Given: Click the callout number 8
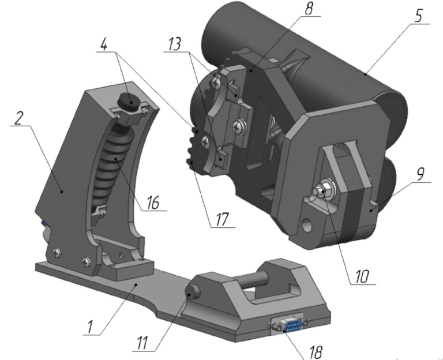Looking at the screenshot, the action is click(309, 8).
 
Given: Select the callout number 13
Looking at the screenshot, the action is click(175, 44).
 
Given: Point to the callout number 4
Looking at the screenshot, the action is click(104, 44).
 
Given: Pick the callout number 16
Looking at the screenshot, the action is click(153, 202).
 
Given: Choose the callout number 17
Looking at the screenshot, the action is click(221, 219).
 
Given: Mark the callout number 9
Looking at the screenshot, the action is click(420, 174).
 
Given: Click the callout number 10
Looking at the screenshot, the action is click(362, 276).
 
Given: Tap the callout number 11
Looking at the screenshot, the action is click(142, 343).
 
